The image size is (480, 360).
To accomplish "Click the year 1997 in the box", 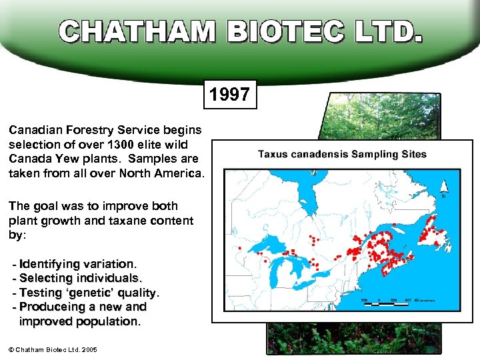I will coord(229,95).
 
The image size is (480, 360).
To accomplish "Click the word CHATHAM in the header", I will coord(137,31).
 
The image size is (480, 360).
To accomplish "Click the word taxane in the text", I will coord(137,221).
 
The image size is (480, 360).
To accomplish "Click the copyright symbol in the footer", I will coord(11,350).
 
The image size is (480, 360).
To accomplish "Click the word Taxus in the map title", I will coord(273,154).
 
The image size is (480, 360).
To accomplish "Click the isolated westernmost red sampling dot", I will coord(239,248).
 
